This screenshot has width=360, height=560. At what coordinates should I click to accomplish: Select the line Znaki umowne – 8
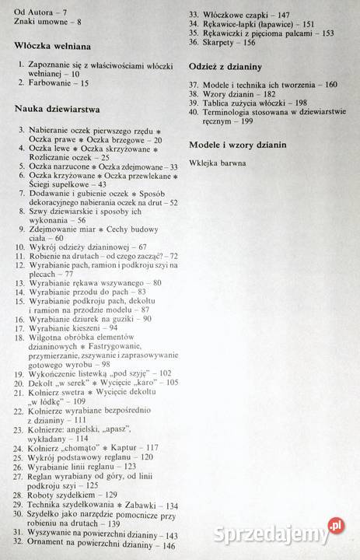[40, 19]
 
